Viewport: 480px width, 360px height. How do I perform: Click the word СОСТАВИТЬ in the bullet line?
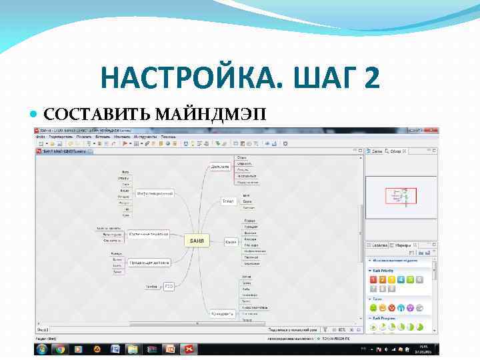[x=97, y=115]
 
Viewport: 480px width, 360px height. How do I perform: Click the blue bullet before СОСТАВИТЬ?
[x=37, y=115]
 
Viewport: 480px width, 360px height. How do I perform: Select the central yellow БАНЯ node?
[x=197, y=240]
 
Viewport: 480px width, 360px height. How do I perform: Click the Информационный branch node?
[x=155, y=193]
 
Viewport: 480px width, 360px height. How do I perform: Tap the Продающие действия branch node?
[x=150, y=262]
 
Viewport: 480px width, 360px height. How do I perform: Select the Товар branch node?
[x=227, y=200]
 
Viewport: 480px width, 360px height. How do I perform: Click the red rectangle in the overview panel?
[x=401, y=195]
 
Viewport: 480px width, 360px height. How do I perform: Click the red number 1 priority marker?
[x=373, y=279]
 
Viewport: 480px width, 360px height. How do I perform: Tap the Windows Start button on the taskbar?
[x=42, y=349]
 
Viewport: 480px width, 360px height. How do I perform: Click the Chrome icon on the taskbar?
[x=61, y=349]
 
